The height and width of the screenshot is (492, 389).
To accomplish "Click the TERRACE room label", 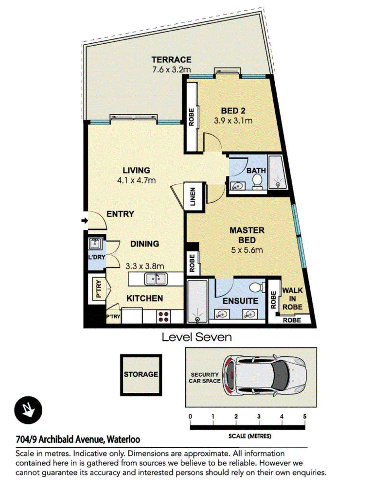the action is tap(171, 59).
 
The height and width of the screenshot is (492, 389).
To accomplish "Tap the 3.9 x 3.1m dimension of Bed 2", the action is tap(233, 121).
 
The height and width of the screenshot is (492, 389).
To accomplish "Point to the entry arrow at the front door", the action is tap(85, 221).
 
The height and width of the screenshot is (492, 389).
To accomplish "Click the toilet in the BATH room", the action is tap(257, 181).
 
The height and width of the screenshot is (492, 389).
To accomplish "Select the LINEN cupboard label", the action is tap(193, 197).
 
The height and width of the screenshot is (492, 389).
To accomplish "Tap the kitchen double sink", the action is tap(156, 279).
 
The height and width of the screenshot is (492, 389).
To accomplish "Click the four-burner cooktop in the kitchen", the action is tap(163, 316).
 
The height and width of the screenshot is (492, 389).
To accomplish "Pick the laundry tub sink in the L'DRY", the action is tap(94, 244).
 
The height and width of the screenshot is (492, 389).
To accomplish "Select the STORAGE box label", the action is tap(141, 374).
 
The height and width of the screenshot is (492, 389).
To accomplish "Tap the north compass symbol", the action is tap(28, 410).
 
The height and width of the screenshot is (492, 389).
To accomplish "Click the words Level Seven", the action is tap(197, 337).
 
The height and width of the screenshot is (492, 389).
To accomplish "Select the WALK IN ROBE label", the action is tap(292, 299).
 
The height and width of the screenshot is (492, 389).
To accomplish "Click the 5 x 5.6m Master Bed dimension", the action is tap(247, 250).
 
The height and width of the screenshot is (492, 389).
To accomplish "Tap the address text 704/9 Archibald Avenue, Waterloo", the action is tap(78, 439).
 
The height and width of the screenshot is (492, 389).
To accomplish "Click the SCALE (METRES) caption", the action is tap(250, 436).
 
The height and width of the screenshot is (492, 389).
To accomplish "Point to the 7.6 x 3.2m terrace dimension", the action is tap(171, 70).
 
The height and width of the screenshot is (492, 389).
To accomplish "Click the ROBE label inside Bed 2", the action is tap(192, 117).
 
